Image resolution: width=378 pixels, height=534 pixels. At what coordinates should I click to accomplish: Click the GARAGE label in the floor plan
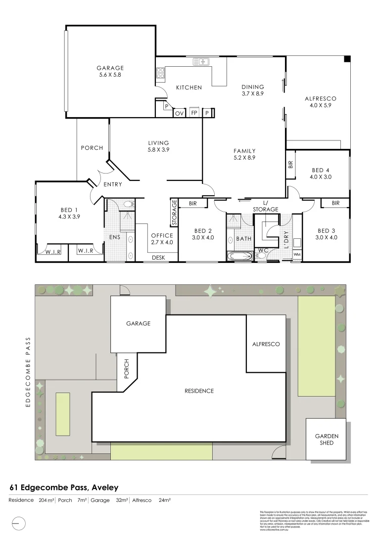[x=110, y=68]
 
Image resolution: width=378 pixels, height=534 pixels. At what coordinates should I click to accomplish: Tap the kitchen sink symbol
[x=201, y=62]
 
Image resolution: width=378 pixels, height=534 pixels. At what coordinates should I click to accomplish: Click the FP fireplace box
[x=194, y=113]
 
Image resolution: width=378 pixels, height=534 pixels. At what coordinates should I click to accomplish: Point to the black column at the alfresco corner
[x=347, y=59]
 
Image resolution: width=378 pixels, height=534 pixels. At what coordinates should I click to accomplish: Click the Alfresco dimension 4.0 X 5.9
[x=320, y=105]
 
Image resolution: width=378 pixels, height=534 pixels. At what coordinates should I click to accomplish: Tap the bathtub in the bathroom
[x=239, y=256]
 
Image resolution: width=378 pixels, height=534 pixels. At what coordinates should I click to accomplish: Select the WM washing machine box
[x=297, y=255]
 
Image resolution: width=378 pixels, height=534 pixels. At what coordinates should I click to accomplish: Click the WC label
[x=262, y=251]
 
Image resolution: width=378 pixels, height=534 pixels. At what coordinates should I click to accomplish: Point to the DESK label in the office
[x=158, y=257]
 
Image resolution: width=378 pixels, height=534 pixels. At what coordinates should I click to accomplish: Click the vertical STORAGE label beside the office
[x=174, y=213]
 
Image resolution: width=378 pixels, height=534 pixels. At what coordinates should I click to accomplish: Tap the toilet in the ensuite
[x=128, y=203]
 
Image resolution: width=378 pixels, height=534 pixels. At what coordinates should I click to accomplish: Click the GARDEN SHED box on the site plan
[x=327, y=439]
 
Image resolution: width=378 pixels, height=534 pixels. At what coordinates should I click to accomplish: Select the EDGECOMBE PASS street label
[x=28, y=371]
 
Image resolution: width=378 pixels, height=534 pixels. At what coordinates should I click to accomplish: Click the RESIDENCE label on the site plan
[x=199, y=391]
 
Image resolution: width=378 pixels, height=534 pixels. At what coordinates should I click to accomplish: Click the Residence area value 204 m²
[x=46, y=500]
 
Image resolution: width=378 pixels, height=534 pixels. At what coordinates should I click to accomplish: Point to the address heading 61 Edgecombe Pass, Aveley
[x=64, y=488]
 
